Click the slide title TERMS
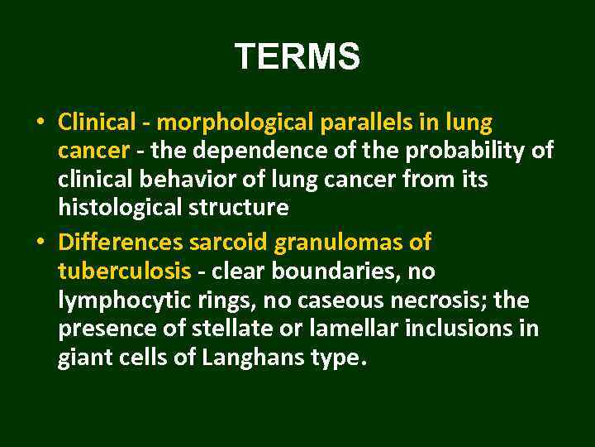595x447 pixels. (x=297, y=57)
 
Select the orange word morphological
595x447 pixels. (x=235, y=123)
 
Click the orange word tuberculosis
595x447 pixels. (x=125, y=272)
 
